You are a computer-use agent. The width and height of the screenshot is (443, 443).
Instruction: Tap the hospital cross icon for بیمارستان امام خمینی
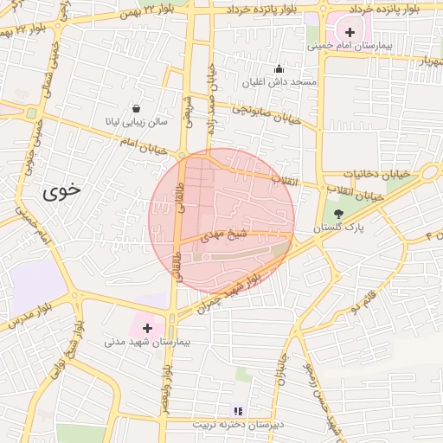tap(350, 31)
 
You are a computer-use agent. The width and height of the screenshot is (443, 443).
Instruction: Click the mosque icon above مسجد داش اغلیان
tap(279, 68)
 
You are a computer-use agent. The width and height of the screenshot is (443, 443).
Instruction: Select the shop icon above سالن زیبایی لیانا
tap(137, 108)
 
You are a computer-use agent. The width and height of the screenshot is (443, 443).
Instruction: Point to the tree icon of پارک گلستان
tap(337, 213)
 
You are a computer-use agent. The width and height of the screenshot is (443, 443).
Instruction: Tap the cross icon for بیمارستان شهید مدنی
tap(148, 328)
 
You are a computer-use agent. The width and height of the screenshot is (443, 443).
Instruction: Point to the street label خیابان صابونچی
tap(266, 112)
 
